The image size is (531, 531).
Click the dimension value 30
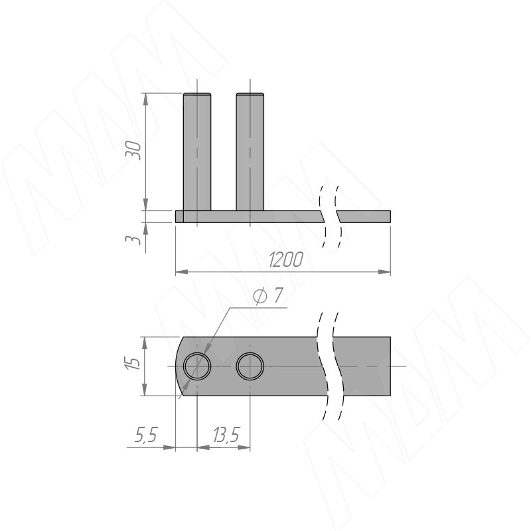click(x=133, y=150)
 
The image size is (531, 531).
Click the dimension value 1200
click(x=286, y=260)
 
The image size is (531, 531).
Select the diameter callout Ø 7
click(x=268, y=296)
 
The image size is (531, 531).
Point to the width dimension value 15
click(x=133, y=363)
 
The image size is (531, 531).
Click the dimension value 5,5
click(x=146, y=435)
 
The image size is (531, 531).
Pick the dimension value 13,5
click(x=226, y=435)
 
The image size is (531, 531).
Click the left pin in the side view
click(x=197, y=152)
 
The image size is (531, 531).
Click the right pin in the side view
click(x=250, y=152)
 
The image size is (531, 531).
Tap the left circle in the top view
click(x=197, y=353)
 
